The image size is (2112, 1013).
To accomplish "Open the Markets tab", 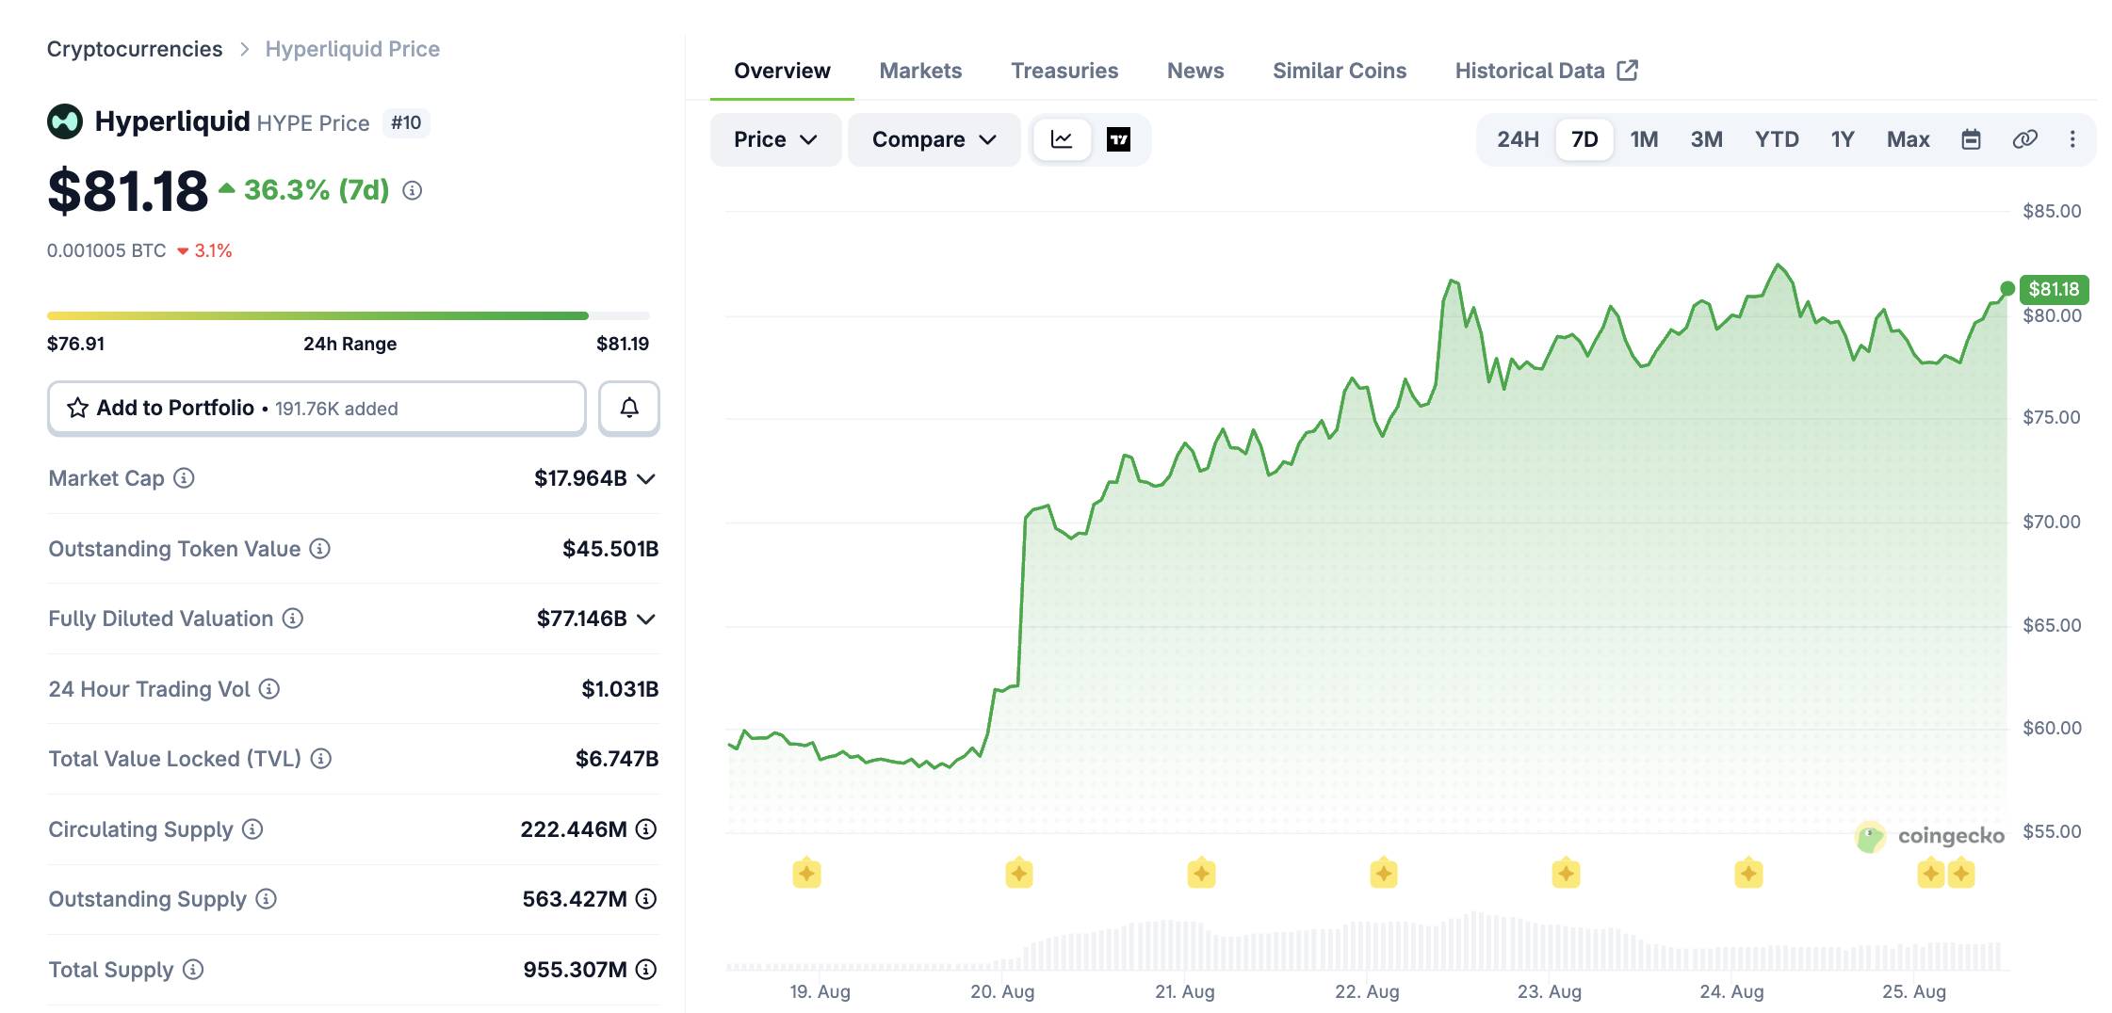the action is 920,71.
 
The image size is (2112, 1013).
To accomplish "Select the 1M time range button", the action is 1644,139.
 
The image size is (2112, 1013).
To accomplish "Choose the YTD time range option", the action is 1777,139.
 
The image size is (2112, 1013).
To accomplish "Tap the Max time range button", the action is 1908,139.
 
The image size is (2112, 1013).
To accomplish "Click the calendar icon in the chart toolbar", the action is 1971,139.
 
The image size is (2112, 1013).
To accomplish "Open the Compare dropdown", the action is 934,139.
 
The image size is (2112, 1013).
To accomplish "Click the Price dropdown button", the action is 775,139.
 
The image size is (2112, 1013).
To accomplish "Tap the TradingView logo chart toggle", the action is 1118,139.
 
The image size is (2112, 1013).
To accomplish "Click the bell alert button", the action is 629,408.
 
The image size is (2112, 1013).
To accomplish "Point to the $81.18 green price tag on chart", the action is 2054,289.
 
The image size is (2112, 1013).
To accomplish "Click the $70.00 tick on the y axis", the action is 2052,522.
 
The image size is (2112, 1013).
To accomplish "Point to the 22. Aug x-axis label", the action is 1367,991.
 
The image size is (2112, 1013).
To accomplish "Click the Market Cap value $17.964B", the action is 580,478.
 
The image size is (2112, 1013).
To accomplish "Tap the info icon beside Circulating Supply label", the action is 252,829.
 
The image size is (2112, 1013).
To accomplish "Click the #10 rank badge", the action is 406,123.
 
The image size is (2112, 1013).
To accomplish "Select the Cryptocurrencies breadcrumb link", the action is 135,49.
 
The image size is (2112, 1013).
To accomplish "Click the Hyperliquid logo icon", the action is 65,121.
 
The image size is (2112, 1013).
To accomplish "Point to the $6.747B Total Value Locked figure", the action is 617,759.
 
